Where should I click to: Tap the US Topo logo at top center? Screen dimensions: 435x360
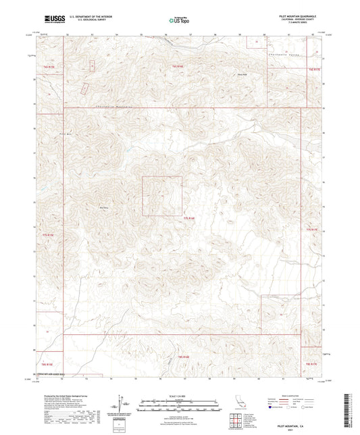coord(179,20)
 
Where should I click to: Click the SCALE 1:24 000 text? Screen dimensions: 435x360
coord(179,395)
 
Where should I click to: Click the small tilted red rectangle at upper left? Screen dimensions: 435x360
coord(84,88)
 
